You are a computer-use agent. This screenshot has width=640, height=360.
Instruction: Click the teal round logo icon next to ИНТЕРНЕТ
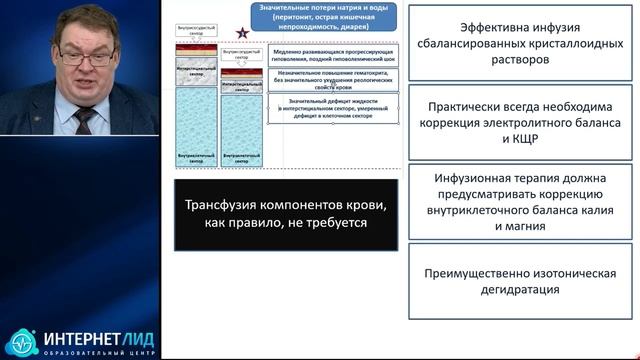(23, 342)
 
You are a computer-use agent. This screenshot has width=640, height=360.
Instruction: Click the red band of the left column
(195, 47)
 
